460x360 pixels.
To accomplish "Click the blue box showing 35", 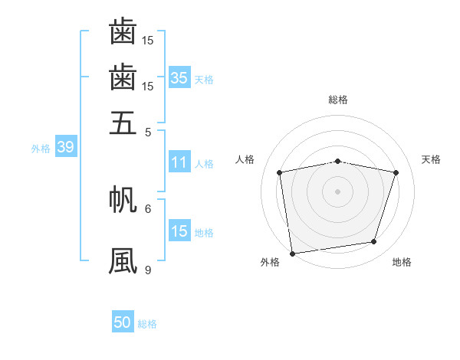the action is point(179,77).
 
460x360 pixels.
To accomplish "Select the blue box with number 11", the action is point(179,162).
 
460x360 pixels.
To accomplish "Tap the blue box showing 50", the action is point(123,321).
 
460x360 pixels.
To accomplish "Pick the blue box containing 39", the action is point(66,146).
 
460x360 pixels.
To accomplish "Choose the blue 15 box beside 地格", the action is point(179,230).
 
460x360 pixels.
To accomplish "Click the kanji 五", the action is point(123,123).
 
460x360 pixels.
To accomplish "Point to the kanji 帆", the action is point(123,199).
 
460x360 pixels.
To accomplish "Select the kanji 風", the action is point(123,260).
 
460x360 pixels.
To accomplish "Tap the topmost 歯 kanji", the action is point(123,31).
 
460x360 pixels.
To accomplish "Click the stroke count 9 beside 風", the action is point(148,270).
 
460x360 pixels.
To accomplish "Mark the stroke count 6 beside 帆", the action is point(148,209).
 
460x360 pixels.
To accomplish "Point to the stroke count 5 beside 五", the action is point(148,133).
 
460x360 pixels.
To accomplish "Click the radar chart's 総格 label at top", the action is point(338,100).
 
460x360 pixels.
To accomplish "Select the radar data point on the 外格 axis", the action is point(292,254).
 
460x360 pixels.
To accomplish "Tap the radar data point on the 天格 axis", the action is point(396,172).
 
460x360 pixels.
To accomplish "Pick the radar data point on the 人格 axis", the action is point(279,172).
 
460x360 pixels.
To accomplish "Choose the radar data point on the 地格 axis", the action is point(374,241).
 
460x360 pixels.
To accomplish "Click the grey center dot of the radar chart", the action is point(337,191).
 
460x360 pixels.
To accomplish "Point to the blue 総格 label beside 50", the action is point(147,324).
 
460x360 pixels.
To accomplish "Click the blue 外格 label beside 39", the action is point(41,149).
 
